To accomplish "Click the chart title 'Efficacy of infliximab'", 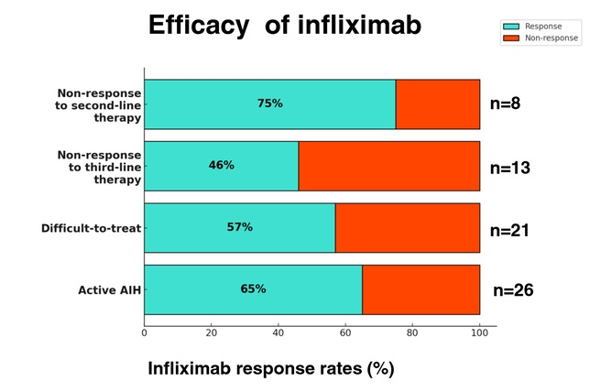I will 285,24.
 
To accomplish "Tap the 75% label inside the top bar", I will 269,103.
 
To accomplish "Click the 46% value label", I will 222,165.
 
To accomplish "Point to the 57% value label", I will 239,226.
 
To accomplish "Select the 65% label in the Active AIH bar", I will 253,289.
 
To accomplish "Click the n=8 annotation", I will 502,103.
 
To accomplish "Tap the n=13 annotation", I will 510,168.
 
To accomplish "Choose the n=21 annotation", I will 510,231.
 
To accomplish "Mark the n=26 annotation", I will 513,290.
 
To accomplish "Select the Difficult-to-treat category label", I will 91,228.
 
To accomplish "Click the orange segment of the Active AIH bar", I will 421,289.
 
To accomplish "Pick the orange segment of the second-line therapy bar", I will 438,103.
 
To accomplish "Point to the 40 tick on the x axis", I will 278,332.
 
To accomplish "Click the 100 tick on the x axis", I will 479,332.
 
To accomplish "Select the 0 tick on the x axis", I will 144,332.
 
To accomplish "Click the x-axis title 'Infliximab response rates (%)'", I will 271,369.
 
